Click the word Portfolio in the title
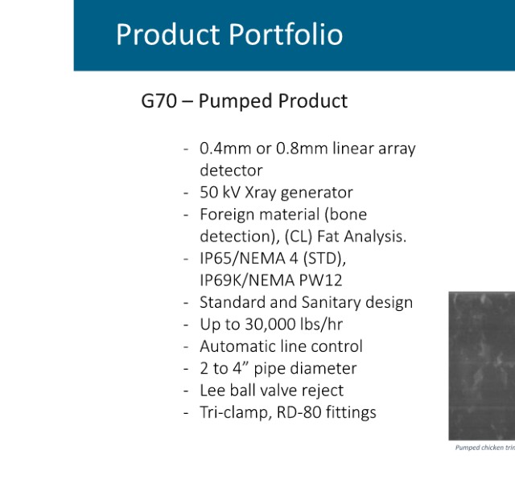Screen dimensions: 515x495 click(286, 34)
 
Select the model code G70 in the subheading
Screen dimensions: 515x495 click(159, 100)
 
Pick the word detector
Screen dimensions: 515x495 click(231, 170)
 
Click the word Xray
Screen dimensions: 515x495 click(261, 193)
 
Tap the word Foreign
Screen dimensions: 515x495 click(227, 215)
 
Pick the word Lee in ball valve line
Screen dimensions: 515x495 click(212, 391)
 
